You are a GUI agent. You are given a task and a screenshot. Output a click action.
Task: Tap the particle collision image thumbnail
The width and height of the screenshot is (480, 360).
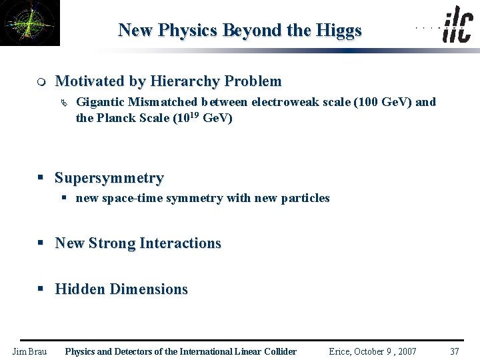pos(29,23)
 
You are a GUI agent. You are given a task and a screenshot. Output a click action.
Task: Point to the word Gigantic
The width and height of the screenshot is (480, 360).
pos(101,102)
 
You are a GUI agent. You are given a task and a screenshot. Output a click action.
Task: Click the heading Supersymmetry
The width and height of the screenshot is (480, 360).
pos(109,178)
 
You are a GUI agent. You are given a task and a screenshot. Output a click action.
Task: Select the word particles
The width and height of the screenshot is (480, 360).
pos(305,198)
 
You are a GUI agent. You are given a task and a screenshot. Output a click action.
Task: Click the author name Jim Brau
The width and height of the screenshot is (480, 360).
pos(30,351)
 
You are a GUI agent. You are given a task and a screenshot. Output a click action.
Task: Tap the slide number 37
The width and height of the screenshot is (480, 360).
pos(455,351)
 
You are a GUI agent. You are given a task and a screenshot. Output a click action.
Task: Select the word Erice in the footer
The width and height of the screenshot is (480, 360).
pos(341,351)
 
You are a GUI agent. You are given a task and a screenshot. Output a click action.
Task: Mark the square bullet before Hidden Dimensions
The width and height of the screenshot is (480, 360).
pos(41,289)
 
